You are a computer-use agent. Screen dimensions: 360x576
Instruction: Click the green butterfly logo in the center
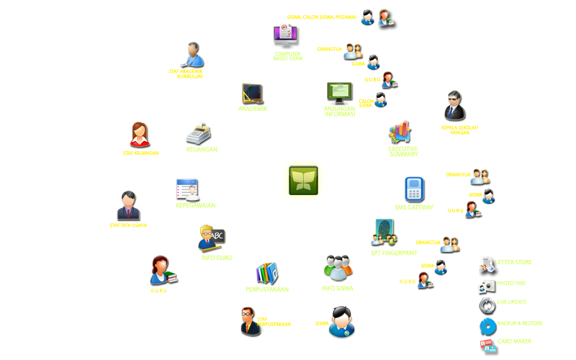coord(303,180)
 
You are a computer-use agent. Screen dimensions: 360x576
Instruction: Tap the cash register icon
coord(198,133)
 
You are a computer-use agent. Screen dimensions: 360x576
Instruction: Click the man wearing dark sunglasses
coord(455,106)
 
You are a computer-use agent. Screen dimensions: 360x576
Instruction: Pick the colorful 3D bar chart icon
coord(400,132)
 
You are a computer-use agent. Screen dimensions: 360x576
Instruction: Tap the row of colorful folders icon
coord(267,273)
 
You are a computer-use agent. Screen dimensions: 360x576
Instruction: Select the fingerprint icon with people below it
coord(384,233)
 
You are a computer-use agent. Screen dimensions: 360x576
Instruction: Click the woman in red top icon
coord(140,135)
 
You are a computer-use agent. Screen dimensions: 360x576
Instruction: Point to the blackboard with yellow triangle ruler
coord(253,94)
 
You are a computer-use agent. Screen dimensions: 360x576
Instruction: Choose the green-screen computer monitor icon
coord(339,94)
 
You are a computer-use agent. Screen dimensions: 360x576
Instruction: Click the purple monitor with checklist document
coord(286,36)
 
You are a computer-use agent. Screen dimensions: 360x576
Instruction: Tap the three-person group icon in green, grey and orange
coord(338,268)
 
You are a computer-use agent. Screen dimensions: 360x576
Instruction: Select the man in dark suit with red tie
coord(128,205)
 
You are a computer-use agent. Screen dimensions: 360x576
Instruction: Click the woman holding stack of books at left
coord(163,270)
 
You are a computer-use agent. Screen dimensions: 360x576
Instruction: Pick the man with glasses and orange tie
coord(250,321)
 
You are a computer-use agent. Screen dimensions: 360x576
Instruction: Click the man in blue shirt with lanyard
coord(193,55)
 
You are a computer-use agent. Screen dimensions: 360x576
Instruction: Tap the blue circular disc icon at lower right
coord(487,325)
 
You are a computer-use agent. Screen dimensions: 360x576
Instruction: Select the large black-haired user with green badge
coord(341,321)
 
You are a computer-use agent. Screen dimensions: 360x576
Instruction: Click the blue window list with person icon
coord(187,190)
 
